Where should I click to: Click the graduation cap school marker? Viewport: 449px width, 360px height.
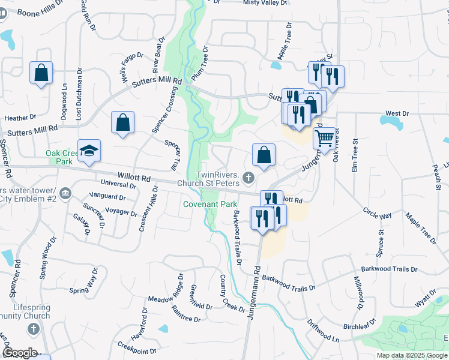[89, 151]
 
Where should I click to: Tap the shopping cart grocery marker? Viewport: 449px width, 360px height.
[324, 138]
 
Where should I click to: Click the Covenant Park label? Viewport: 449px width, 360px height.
[202, 205]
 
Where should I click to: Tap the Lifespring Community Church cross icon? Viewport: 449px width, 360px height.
[34, 329]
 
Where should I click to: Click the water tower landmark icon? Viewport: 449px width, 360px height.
[65, 194]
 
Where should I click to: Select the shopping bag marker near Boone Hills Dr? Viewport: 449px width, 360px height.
[41, 73]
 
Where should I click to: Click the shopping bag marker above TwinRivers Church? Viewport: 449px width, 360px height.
[264, 155]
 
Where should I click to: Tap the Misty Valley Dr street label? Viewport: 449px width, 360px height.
[265, 3]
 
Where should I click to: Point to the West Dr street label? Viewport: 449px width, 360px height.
[397, 113]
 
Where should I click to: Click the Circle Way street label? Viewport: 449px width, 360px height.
[377, 213]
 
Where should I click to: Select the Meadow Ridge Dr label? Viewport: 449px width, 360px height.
[164, 291]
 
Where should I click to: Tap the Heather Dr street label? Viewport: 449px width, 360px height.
[20, 118]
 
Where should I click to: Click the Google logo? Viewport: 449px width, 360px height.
[19, 353]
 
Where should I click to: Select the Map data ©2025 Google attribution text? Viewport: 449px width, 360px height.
[412, 355]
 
